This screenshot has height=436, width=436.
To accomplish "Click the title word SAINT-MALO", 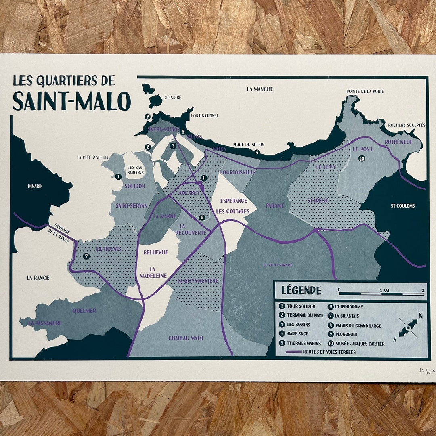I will click(x=71, y=101).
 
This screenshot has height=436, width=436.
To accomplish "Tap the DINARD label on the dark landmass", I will click(x=35, y=186).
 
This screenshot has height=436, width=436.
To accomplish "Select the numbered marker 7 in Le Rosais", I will click(x=86, y=256).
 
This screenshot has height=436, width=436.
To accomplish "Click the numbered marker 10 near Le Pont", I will click(x=361, y=159).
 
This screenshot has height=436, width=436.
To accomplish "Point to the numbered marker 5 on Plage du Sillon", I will click(x=256, y=152).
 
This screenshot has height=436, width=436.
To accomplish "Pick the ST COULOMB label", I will click(x=403, y=206).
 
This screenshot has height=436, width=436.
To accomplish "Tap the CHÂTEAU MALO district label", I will click(x=186, y=338).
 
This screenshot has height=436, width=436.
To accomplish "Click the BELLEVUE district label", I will click(x=155, y=252).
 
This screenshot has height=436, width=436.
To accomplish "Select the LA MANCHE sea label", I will click(x=260, y=89).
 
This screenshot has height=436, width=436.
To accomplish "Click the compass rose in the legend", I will click(x=408, y=327).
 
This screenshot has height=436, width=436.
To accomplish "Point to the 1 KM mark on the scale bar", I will click(x=384, y=290).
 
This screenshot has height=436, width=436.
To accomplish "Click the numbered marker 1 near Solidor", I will click(x=118, y=176).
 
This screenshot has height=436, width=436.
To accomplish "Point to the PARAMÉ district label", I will click(x=275, y=205).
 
